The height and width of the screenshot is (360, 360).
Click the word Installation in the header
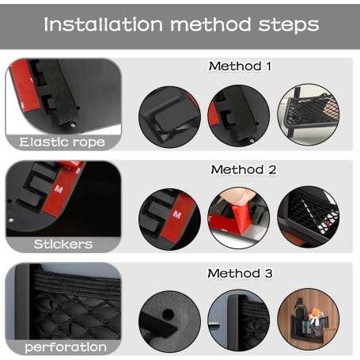pos(104,25)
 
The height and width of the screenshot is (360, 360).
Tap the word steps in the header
pos(289,25)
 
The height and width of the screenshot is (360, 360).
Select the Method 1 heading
pos(240,66)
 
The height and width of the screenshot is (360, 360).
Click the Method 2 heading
pos(244,169)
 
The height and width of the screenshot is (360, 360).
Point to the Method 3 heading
pos(240,273)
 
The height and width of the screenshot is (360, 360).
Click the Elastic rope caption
pos(63,142)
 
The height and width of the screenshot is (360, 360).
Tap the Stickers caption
pos(63,244)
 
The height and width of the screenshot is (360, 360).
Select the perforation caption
pos(66,347)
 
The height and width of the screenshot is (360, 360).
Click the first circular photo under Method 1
pos(169,117)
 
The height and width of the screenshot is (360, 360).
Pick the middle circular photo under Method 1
pos(239,116)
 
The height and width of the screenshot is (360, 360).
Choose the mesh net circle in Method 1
pos(309,115)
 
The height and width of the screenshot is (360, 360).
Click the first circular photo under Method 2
pos(169,219)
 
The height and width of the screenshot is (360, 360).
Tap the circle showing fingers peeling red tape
pos(239,218)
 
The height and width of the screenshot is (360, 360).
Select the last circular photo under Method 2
pos(309,217)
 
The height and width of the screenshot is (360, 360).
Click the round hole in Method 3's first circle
pos(168,314)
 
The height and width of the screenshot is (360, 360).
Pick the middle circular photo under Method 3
pos(239,320)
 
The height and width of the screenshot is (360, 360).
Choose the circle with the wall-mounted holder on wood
pos(309,320)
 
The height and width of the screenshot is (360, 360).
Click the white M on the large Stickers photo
pos(59,189)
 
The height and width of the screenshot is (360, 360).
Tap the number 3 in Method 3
pos(268,273)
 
